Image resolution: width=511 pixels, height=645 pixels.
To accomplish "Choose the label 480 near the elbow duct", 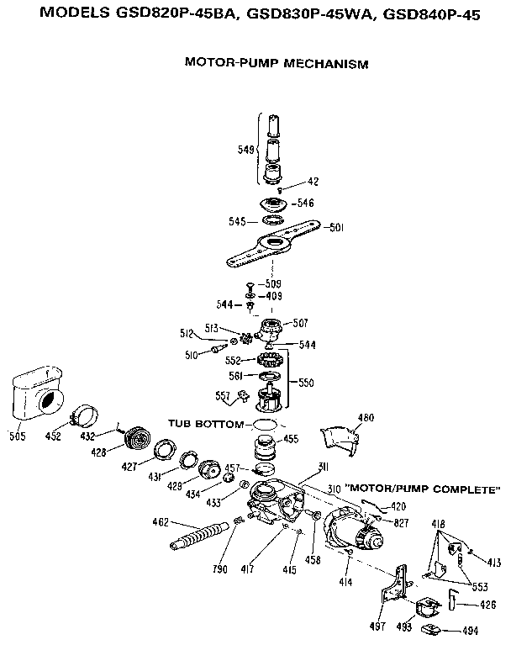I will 366,417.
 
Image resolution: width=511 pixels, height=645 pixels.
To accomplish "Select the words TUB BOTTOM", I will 204,423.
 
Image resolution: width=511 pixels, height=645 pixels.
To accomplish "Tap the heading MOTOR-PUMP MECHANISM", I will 277,63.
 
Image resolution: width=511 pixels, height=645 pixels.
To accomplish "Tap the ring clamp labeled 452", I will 85,415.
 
